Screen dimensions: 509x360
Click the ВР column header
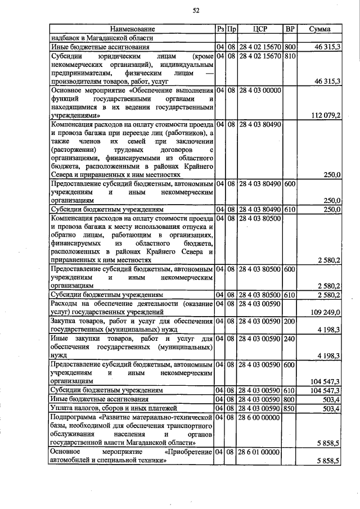pos(290,29)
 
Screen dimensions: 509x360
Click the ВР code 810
pos(290,57)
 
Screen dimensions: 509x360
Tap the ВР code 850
pos(290,408)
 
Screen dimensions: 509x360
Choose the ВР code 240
pos(290,339)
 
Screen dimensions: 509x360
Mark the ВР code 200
pos(290,321)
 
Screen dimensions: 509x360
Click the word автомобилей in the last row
pos(74,460)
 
